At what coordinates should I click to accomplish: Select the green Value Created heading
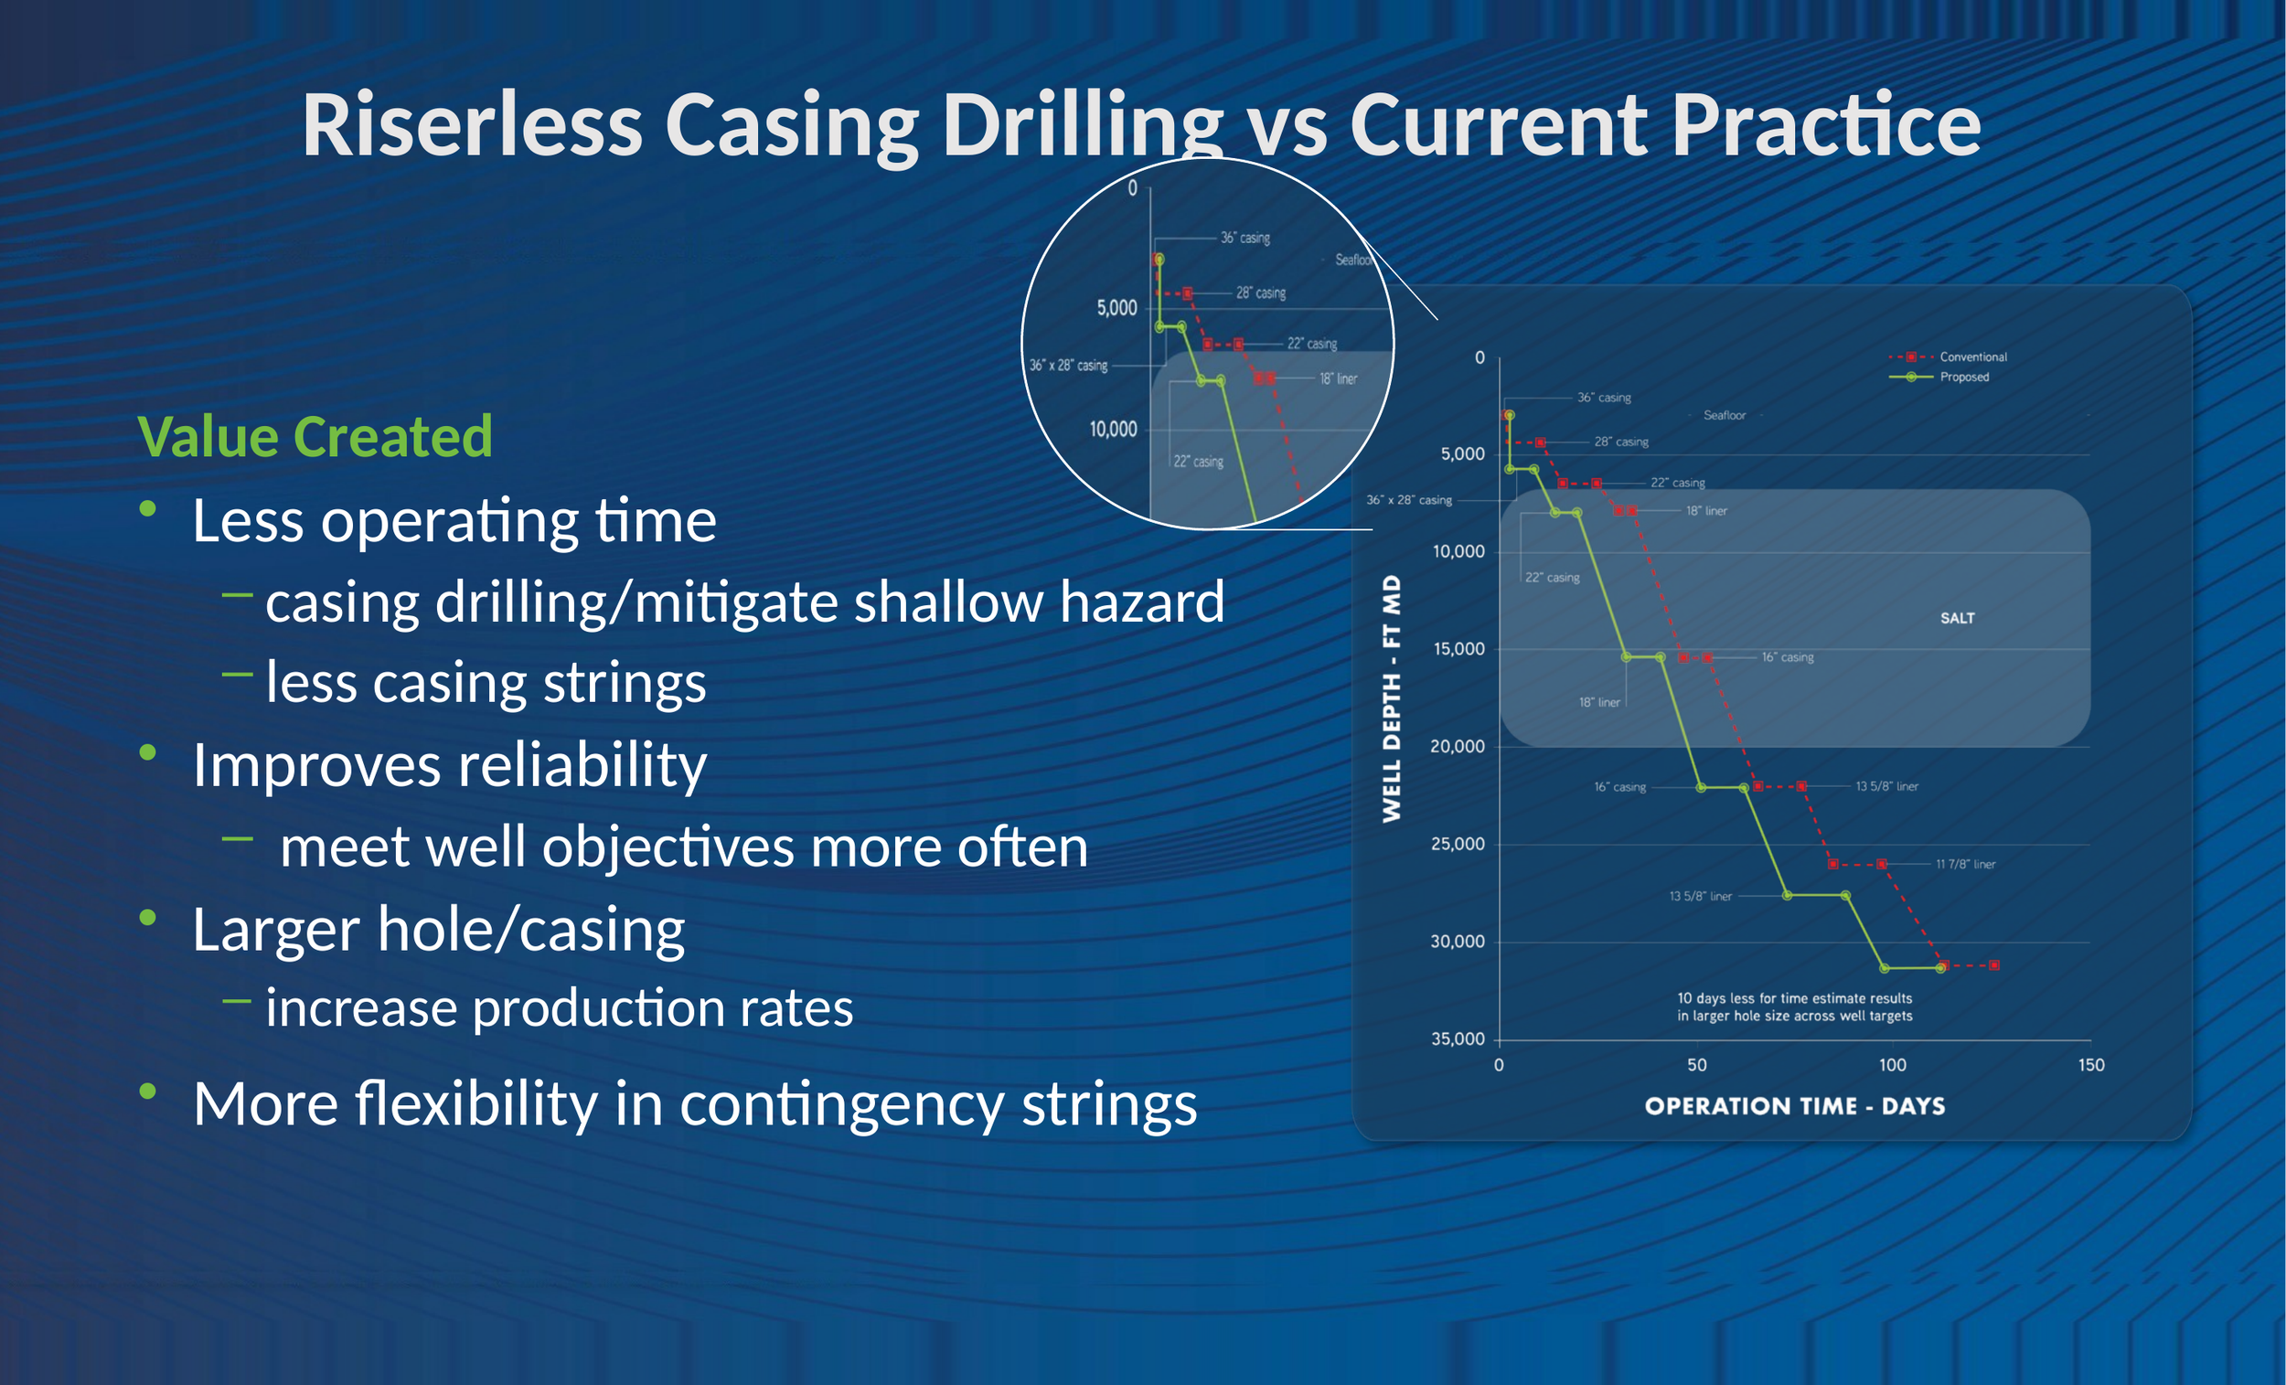pyautogui.click(x=315, y=436)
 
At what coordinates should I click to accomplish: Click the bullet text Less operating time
pyautogui.click(x=454, y=519)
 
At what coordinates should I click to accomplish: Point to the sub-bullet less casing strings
pyautogui.click(x=486, y=683)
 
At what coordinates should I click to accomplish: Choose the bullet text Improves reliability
pyautogui.click(x=450, y=765)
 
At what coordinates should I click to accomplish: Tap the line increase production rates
pyautogui.click(x=560, y=1008)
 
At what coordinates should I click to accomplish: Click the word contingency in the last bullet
pyautogui.click(x=840, y=1105)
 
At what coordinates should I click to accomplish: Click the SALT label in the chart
pyautogui.click(x=1958, y=618)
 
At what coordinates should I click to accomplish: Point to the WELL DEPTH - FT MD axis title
pyautogui.click(x=1392, y=698)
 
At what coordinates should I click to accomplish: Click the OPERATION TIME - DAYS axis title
pyautogui.click(x=1794, y=1106)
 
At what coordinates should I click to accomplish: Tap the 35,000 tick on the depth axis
pyautogui.click(x=1458, y=1039)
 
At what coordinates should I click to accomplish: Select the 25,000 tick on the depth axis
pyautogui.click(x=1458, y=844)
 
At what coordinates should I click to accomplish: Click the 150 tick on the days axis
pyautogui.click(x=2091, y=1065)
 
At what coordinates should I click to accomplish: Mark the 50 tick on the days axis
pyautogui.click(x=1697, y=1065)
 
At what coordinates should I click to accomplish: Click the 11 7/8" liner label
pyautogui.click(x=1965, y=864)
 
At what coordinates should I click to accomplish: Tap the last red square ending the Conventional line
pyautogui.click(x=1994, y=965)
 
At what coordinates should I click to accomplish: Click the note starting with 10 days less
pyautogui.click(x=1794, y=1007)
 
